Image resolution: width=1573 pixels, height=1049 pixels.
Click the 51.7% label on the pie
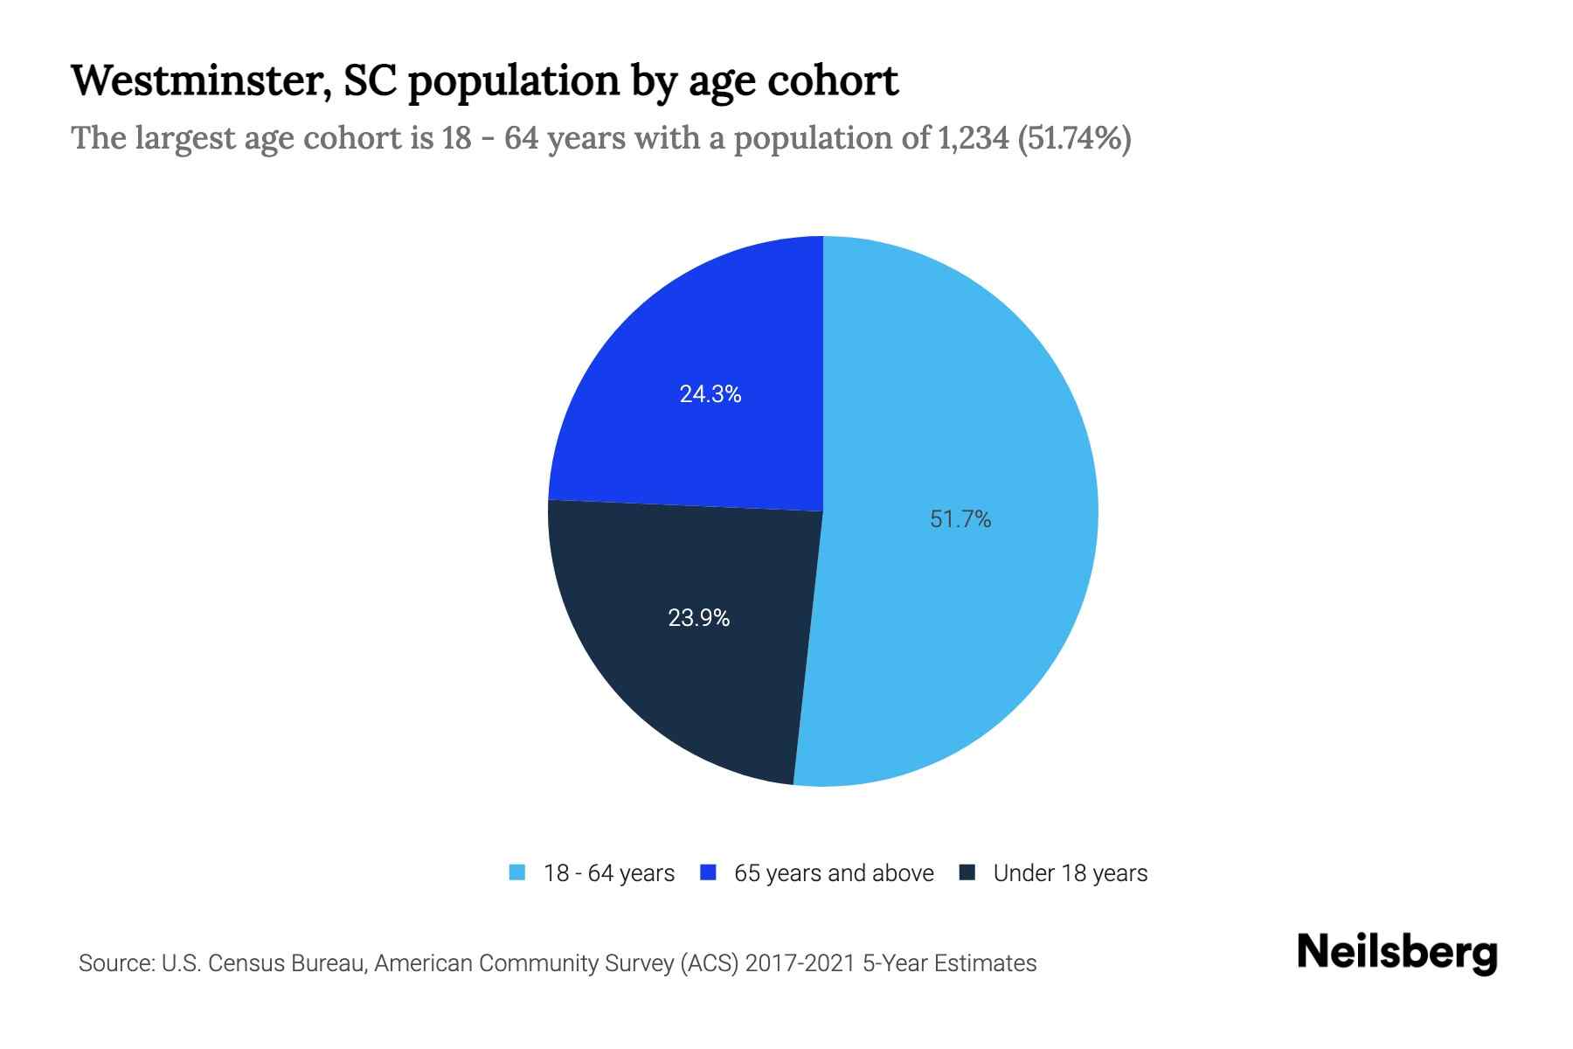coord(960,519)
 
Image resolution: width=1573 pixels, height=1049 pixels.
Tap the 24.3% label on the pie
coord(710,394)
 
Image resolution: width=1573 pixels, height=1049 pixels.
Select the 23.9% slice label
coord(698,618)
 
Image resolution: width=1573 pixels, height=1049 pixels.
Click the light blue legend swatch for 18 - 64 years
coord(517,872)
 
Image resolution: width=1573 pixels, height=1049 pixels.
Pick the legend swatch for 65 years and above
coord(709,872)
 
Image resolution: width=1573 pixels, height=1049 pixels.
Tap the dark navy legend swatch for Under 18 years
coord(967,872)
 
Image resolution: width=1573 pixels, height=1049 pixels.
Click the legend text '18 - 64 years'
coord(609,873)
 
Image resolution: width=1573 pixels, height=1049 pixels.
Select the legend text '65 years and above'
coord(834,873)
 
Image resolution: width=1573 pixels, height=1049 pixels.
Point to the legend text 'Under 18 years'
coord(1071,873)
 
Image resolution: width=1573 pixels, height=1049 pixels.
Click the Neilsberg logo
coord(1396,953)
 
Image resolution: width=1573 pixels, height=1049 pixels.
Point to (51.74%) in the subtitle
coord(1075,138)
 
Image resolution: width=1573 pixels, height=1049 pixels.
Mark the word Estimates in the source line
coord(985,963)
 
